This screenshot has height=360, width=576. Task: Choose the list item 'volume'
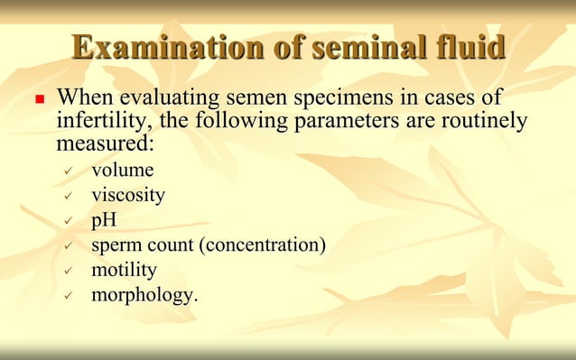122,171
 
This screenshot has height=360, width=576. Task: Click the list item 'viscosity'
127,195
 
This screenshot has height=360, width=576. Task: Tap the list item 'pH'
104,219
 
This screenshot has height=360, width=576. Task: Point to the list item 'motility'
124,269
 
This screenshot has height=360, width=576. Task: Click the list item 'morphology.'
144,294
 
